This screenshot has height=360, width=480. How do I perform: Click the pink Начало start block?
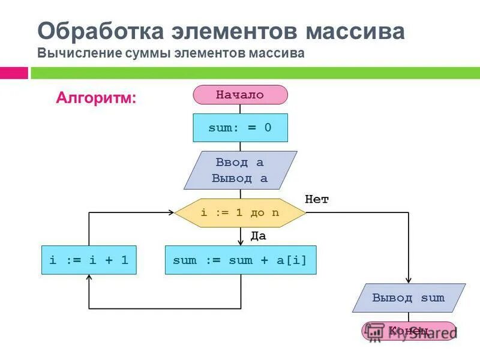click(x=240, y=95)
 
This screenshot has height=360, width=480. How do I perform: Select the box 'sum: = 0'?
click(x=240, y=128)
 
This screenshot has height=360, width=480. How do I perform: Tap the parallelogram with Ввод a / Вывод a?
click(x=240, y=170)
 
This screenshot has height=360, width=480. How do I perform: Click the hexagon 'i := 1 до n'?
click(x=240, y=213)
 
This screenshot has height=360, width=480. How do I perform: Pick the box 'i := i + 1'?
click(x=89, y=260)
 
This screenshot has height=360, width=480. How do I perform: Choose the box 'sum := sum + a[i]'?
click(x=240, y=260)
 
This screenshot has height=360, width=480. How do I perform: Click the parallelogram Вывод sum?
click(x=409, y=298)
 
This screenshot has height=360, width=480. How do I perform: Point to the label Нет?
click(x=317, y=200)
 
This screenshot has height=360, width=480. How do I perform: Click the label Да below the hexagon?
click(x=258, y=236)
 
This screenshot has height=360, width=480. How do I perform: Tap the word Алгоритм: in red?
click(x=96, y=97)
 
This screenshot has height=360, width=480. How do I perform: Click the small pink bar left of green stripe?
click(x=14, y=73)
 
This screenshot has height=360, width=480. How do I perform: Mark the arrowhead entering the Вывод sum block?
click(x=409, y=280)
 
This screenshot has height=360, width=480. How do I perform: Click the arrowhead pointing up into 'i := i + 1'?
click(x=89, y=278)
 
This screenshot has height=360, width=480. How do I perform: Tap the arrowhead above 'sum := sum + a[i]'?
click(x=240, y=242)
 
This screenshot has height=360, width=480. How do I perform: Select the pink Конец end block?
click(x=409, y=331)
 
